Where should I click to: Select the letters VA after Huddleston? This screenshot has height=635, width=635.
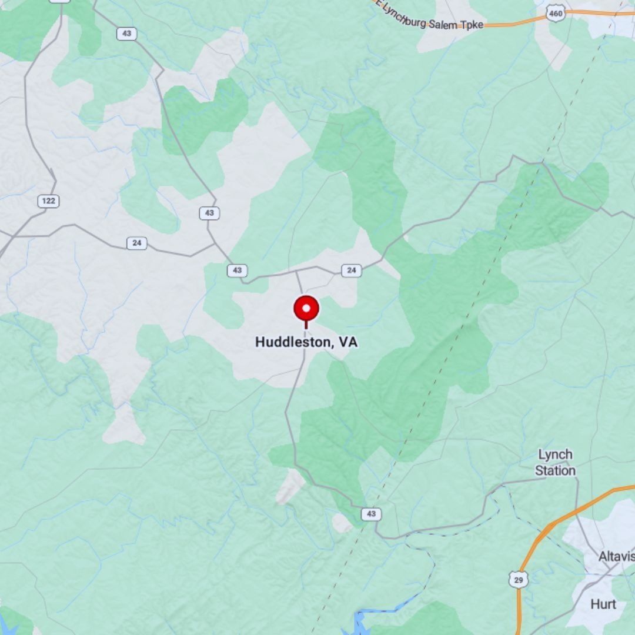pos(348,342)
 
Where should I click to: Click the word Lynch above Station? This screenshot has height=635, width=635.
pos(555,455)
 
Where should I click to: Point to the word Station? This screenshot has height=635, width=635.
pos(555,470)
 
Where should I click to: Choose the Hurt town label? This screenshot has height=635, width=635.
pos(603,604)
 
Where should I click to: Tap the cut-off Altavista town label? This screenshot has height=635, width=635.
pos(616,556)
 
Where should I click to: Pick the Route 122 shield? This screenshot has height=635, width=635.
pos(48,202)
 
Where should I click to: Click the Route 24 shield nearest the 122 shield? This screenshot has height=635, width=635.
pos(136,243)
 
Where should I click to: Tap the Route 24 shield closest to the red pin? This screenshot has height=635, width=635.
pos(351,270)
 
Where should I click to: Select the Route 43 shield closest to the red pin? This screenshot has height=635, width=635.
pos(237,270)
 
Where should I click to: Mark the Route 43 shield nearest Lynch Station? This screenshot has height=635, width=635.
pos(370,514)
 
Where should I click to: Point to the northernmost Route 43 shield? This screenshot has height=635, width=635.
pos(126,34)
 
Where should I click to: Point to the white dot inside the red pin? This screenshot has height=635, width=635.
pos(306,308)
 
